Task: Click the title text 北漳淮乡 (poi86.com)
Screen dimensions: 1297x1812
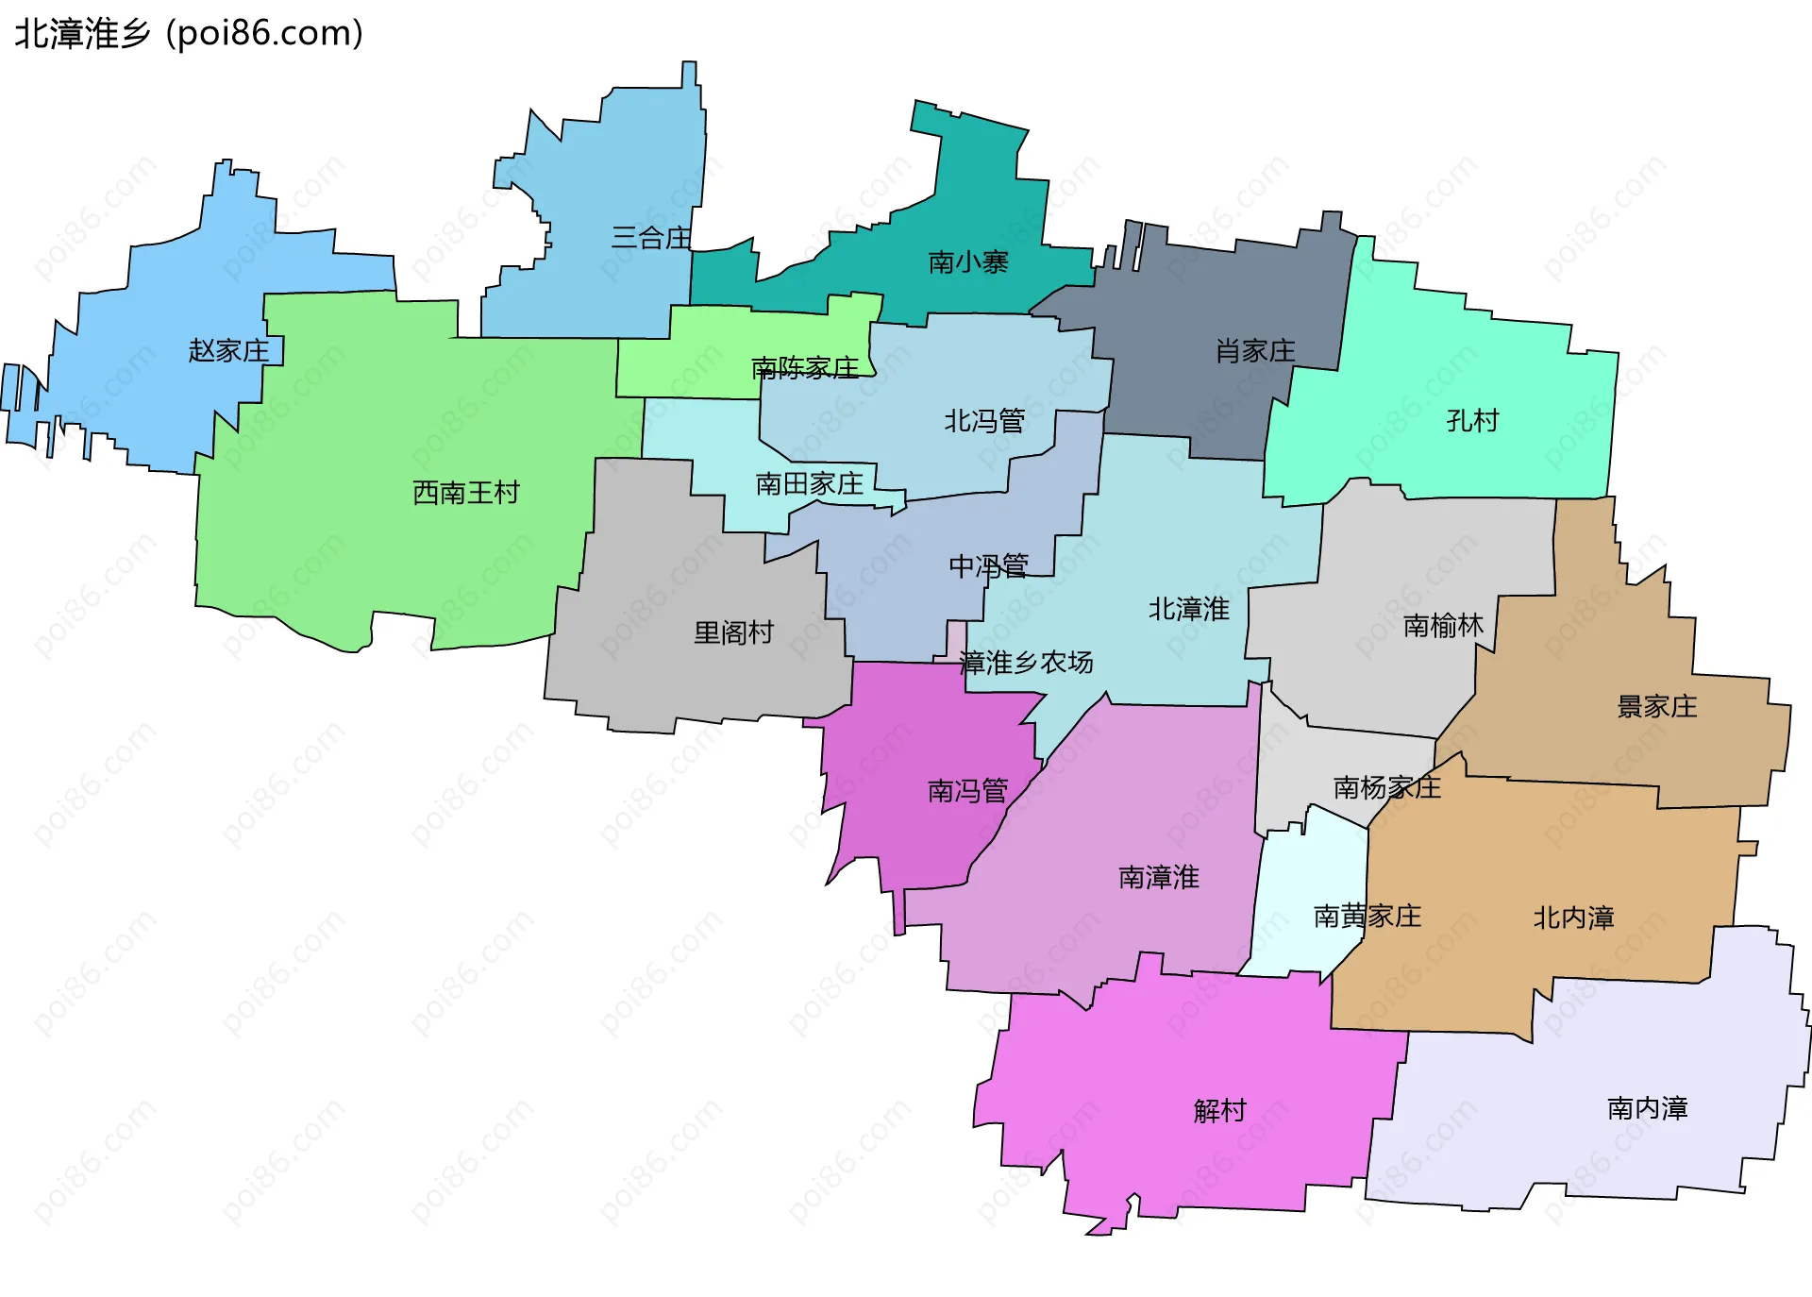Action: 189,33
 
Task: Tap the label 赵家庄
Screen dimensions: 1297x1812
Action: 228,351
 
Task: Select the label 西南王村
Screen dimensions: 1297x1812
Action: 466,493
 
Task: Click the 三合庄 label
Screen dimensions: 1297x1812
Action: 651,238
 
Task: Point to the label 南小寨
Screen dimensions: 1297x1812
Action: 968,262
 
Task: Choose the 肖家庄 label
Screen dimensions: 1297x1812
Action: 1255,351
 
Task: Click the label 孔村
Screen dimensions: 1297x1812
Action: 1472,421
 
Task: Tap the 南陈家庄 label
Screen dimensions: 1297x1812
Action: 805,368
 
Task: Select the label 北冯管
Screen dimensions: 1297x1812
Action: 984,421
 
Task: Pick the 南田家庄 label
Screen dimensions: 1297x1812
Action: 810,484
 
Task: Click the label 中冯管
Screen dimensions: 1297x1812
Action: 988,566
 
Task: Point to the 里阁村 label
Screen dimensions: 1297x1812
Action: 733,632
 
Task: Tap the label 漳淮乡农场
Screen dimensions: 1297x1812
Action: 1026,663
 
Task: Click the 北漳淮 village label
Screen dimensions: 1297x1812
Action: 1188,610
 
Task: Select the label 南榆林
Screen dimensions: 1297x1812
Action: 1443,626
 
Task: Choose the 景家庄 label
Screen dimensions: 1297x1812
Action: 1657,707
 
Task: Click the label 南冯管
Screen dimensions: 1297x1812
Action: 967,791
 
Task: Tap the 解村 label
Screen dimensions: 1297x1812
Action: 1220,1111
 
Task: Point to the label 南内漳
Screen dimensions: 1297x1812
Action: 1648,1108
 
